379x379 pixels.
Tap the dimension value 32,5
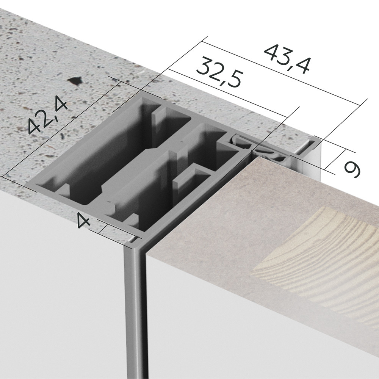click(x=219, y=72)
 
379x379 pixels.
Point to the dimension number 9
click(x=352, y=170)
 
